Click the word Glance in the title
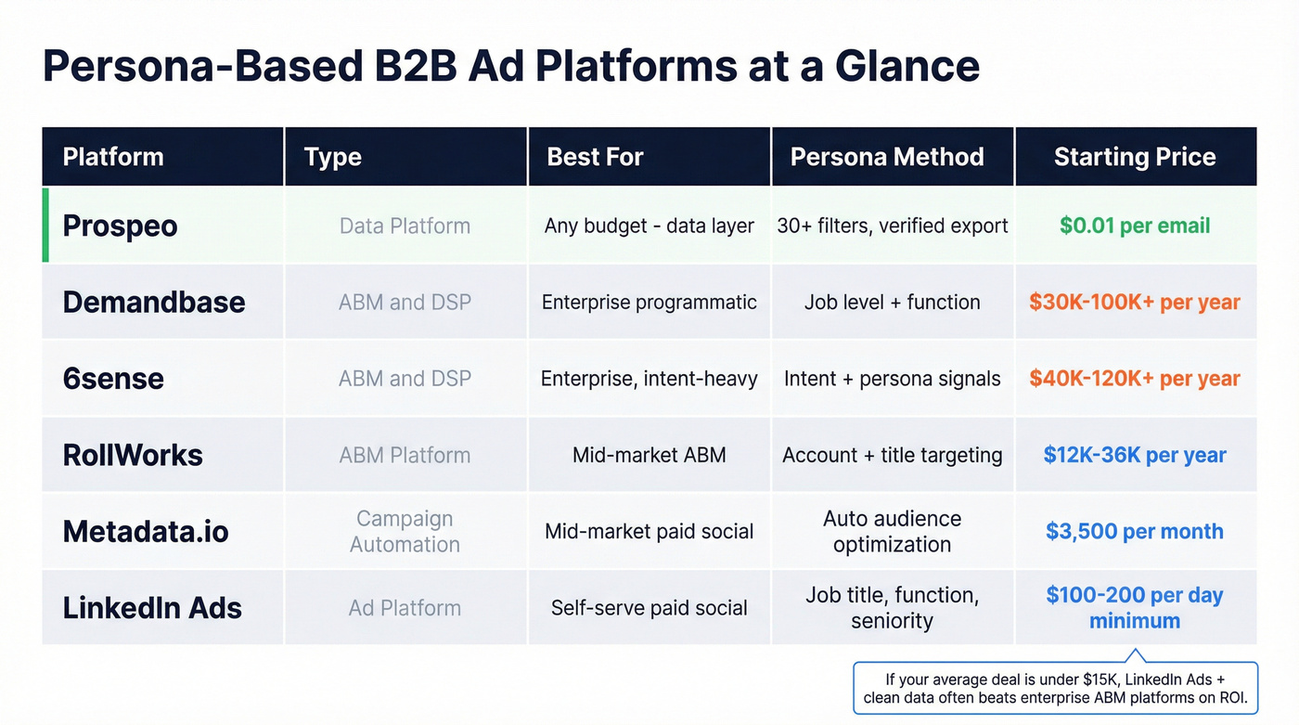(x=907, y=67)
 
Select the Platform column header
(x=113, y=157)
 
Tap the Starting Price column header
(x=1135, y=157)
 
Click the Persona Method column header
(x=887, y=157)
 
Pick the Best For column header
(x=595, y=157)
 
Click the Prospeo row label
(x=120, y=226)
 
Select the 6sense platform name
(x=113, y=379)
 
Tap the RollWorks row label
(x=133, y=455)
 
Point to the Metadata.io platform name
(x=146, y=532)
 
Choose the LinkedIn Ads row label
(x=152, y=608)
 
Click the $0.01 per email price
(x=1135, y=226)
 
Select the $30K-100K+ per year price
(x=1135, y=303)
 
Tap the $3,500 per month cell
(x=1135, y=532)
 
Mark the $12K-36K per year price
(x=1135, y=455)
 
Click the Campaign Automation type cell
(x=405, y=532)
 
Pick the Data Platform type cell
(x=405, y=226)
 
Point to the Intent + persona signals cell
(x=892, y=379)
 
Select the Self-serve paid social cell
(x=649, y=608)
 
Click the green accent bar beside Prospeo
(x=45, y=226)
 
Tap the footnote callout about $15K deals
(x=1055, y=688)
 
